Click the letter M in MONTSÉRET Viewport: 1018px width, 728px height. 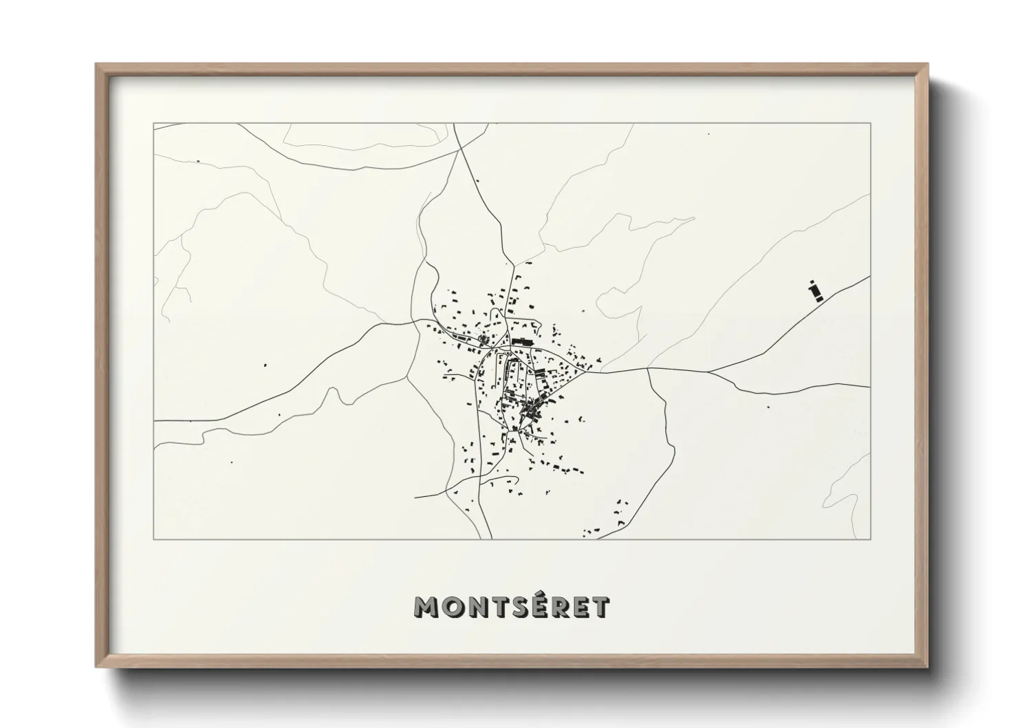pos(426,606)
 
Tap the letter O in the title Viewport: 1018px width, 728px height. pos(453,606)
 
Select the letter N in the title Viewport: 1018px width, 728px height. pos(478,606)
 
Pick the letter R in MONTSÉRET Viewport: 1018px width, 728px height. pos(561,606)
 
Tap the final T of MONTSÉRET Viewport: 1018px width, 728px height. pos(600,606)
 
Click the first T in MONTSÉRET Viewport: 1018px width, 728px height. pos(501,606)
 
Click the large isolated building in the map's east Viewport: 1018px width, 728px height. pos(816,292)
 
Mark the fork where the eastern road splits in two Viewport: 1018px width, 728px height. pos(709,372)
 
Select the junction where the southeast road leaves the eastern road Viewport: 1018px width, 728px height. pos(649,369)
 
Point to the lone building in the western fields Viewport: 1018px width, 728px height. pos(265,364)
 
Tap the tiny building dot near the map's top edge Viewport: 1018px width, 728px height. pos(709,134)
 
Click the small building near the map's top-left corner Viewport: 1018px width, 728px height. pos(198,162)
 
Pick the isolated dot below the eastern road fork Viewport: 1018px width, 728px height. pos(767,405)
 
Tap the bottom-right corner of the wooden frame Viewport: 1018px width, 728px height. pos(928,667)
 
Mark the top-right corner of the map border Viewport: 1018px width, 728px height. pos(871,123)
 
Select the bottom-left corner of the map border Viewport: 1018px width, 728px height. pos(153,539)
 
